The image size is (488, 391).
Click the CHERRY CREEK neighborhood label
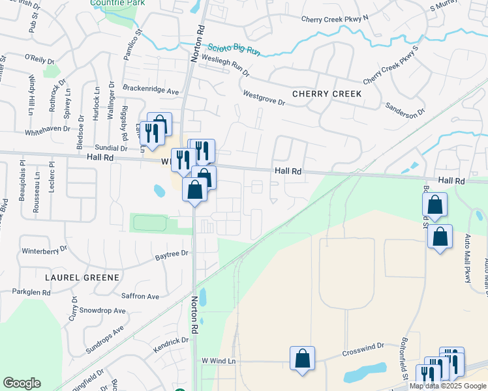[327, 94]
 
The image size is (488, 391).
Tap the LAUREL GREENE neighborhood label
[82, 277]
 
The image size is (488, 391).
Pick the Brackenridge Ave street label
[151, 89]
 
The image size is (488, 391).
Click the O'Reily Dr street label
[39, 59]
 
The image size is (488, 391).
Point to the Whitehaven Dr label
[47, 129]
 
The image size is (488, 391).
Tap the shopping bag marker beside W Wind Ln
[302, 358]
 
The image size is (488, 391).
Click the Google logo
[22, 383]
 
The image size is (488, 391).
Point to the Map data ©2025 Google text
[448, 386]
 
